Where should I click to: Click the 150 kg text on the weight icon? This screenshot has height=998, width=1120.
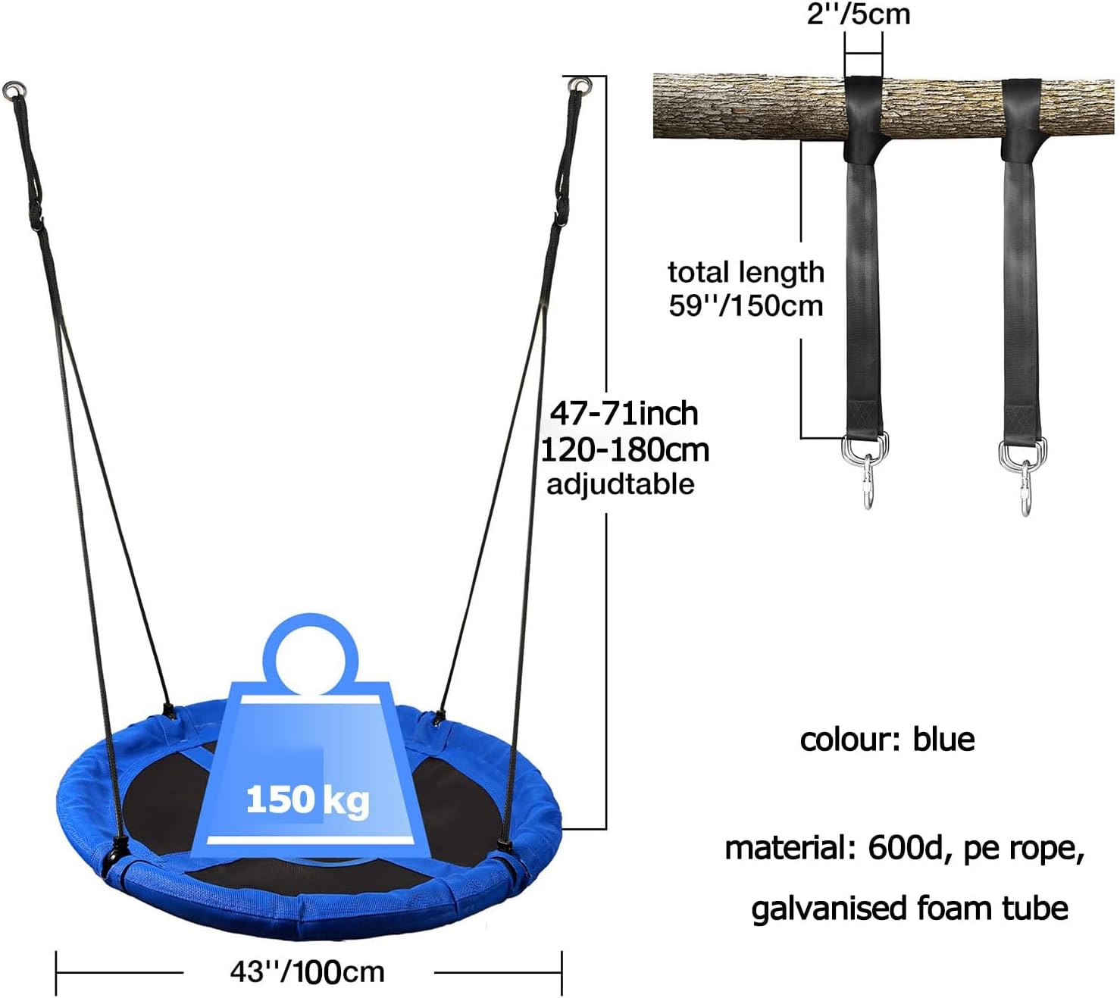click(x=308, y=800)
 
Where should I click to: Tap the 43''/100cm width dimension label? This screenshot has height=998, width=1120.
click(x=308, y=972)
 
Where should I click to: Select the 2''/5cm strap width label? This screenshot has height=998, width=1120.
click(x=858, y=14)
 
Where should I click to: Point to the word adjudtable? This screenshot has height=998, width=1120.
click(x=621, y=484)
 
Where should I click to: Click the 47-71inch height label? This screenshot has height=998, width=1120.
click(x=624, y=414)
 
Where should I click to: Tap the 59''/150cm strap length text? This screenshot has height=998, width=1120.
click(x=746, y=305)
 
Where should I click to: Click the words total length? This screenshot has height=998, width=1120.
click(x=746, y=273)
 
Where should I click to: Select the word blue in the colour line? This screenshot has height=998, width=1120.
click(x=943, y=740)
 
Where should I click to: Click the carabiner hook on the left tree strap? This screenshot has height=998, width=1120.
click(x=868, y=480)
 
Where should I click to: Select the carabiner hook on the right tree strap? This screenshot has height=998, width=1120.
click(x=1025, y=488)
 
